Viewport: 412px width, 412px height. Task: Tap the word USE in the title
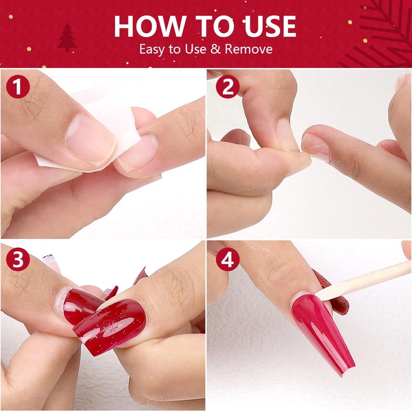[266, 26]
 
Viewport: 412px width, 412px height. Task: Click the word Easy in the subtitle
[152, 50]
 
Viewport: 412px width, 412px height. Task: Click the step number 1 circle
[18, 88]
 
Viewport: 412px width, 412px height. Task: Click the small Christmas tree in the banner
[67, 39]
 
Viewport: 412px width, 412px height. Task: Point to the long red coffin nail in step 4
[322, 330]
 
